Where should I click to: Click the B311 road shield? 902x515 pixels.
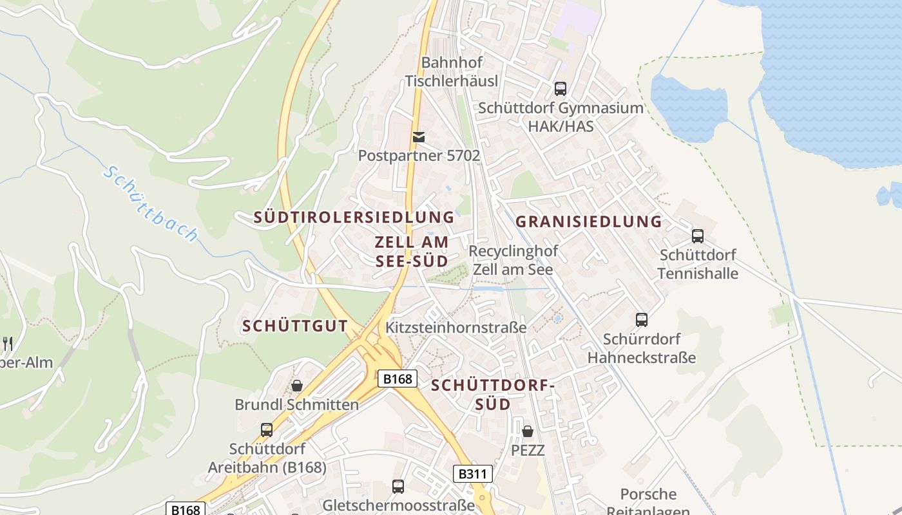tap(473, 474)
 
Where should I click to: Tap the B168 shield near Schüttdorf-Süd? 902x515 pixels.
tap(397, 379)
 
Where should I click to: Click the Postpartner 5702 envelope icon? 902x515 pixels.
tap(419, 136)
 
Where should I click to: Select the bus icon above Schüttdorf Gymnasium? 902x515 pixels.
tap(561, 89)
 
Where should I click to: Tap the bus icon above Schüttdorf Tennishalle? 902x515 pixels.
tap(697, 236)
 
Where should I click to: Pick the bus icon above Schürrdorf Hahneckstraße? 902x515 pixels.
tap(641, 319)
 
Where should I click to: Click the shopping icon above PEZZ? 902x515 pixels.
tap(527, 431)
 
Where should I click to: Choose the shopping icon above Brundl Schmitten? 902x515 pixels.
tap(297, 386)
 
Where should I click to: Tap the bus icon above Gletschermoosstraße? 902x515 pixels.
tap(398, 486)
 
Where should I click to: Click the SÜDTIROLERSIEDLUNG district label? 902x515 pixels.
tap(354, 217)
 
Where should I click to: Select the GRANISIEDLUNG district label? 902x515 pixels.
tap(589, 221)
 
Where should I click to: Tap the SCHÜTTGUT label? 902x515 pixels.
tap(295, 326)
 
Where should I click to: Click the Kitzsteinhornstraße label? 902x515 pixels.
tap(456, 328)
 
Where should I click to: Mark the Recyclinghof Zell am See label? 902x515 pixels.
tap(513, 260)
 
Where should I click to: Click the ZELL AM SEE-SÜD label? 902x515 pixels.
tap(412, 252)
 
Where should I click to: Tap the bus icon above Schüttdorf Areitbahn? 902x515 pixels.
tap(266, 429)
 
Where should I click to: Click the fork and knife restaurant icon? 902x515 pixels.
tap(7, 343)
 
